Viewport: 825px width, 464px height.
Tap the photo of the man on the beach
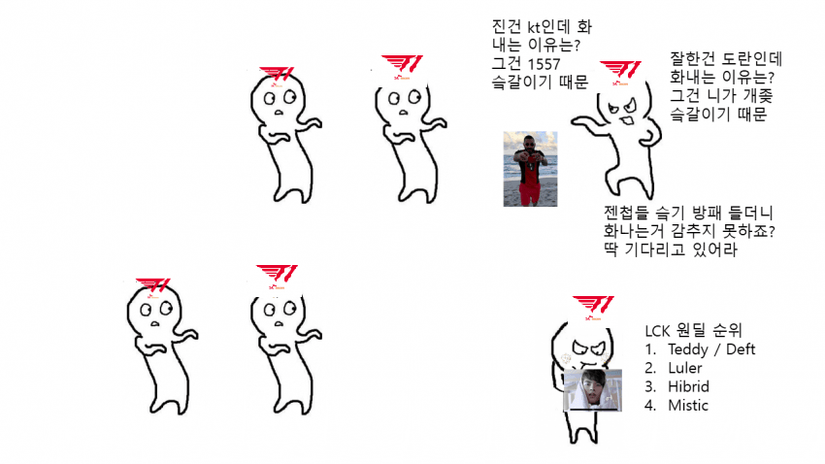[530, 169]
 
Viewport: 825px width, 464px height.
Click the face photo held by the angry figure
[592, 390]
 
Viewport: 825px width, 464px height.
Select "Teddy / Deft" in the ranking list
[711, 349]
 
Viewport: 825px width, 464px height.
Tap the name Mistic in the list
[688, 406]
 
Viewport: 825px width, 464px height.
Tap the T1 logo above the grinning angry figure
[620, 71]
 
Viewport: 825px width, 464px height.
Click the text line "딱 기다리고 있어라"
[669, 250]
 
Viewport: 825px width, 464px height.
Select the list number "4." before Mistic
[650, 406]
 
